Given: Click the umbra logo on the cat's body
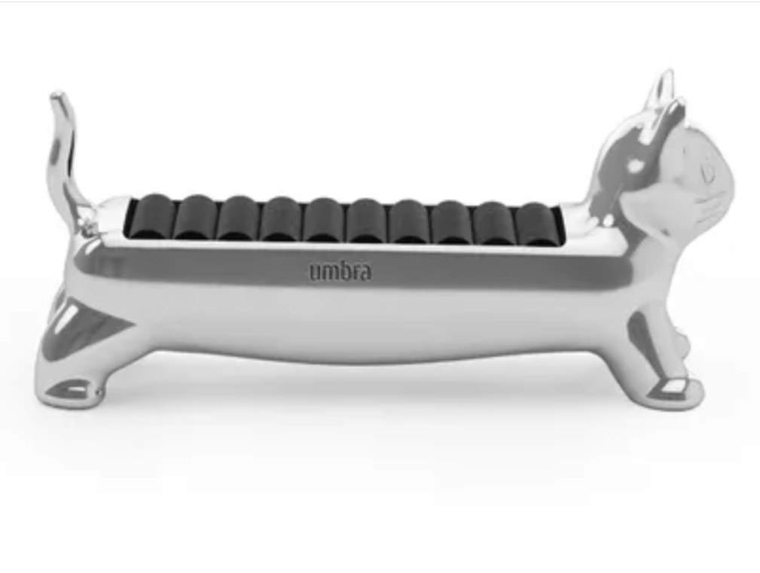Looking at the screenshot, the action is (340, 271).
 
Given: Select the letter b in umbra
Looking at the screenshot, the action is (345, 271).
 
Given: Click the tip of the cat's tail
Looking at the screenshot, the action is (57, 94).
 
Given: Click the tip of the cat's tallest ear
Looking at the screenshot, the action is (669, 72).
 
